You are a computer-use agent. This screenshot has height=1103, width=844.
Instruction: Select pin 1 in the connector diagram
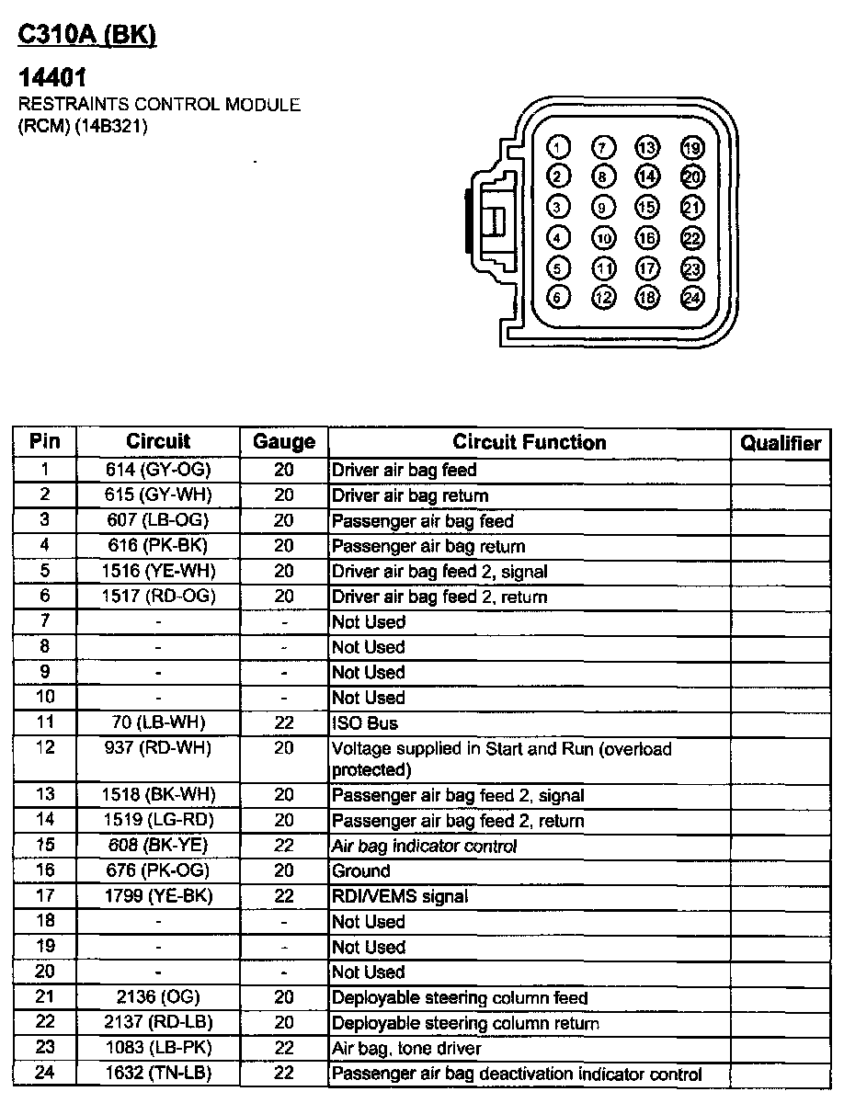[x=558, y=147]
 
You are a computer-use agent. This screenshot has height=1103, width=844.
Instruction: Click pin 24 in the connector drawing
[x=691, y=298]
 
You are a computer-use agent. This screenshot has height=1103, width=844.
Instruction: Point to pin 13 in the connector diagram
[x=647, y=147]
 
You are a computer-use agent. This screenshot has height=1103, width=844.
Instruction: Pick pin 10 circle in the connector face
[x=603, y=238]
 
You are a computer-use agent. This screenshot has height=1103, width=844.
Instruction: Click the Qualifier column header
[x=781, y=443]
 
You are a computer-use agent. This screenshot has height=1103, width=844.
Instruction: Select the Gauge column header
[x=284, y=442]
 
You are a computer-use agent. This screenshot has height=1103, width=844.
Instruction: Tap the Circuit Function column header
[x=530, y=442]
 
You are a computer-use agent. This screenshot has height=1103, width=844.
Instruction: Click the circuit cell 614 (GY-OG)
[x=158, y=470]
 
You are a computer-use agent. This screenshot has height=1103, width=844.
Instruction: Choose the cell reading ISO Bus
[x=365, y=723]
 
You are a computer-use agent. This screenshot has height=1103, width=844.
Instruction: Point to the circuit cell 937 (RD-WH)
[x=158, y=748]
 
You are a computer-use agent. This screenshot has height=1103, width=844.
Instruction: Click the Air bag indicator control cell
[x=425, y=846]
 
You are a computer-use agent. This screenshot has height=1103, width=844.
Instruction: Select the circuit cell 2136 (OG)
[x=158, y=997]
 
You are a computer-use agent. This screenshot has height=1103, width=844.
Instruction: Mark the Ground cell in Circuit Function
[x=361, y=870]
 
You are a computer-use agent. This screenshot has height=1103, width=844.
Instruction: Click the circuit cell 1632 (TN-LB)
[x=158, y=1074]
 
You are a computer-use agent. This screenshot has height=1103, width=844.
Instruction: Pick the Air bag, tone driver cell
[x=406, y=1048]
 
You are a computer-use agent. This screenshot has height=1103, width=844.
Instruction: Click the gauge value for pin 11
[x=284, y=723]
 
